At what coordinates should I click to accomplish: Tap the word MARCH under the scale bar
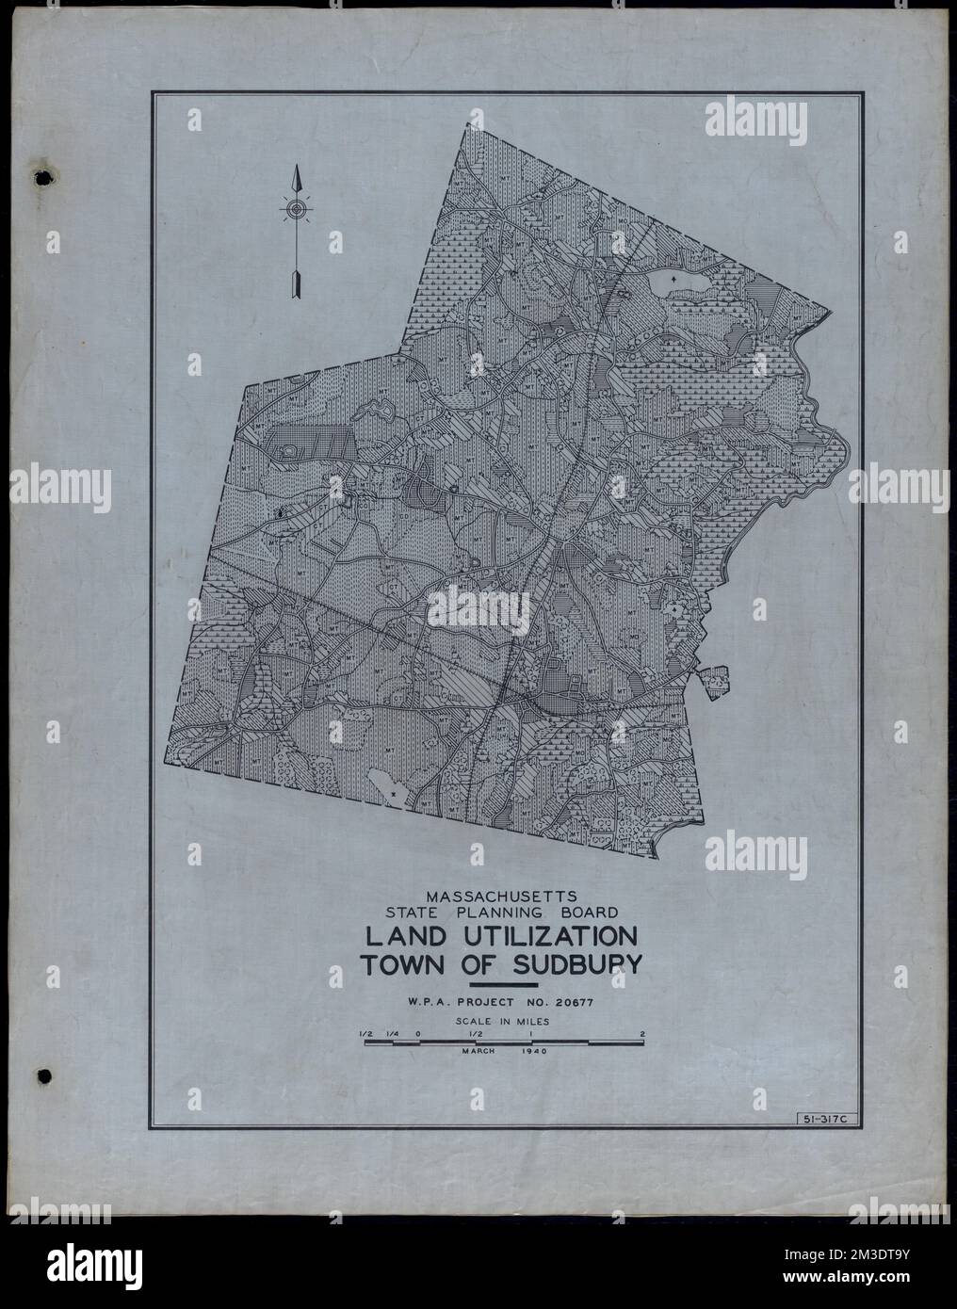(479, 1051)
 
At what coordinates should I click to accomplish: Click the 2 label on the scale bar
(642, 1032)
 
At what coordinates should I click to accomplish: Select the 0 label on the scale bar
(418, 1032)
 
